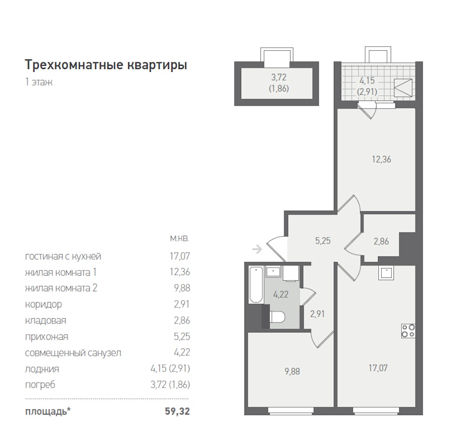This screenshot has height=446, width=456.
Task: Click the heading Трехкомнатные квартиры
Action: click(x=106, y=65)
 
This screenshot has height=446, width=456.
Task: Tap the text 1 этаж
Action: click(x=39, y=82)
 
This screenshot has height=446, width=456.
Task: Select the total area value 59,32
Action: click(x=177, y=411)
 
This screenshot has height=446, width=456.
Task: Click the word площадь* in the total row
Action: click(x=48, y=412)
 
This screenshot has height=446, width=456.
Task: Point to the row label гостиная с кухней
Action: click(x=63, y=256)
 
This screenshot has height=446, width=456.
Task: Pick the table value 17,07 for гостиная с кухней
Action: click(x=180, y=256)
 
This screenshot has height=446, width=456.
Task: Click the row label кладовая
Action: click(x=46, y=321)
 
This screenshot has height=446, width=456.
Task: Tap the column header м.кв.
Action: click(x=180, y=238)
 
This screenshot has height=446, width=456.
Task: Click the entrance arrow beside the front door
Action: click(x=257, y=249)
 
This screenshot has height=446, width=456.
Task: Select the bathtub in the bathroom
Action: click(x=256, y=285)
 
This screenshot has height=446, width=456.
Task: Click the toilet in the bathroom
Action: click(x=276, y=317)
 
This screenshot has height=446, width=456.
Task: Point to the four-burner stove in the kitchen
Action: click(x=409, y=331)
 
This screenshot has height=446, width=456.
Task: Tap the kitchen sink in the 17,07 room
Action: click(x=386, y=273)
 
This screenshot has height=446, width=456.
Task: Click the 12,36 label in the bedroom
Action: click(x=382, y=159)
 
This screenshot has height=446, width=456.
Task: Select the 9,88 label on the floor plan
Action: click(x=292, y=371)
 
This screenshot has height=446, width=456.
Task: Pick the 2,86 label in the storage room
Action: click(x=381, y=241)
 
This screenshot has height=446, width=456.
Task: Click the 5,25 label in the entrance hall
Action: click(x=323, y=241)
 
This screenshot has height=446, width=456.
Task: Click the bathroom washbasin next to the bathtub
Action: click(x=273, y=272)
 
